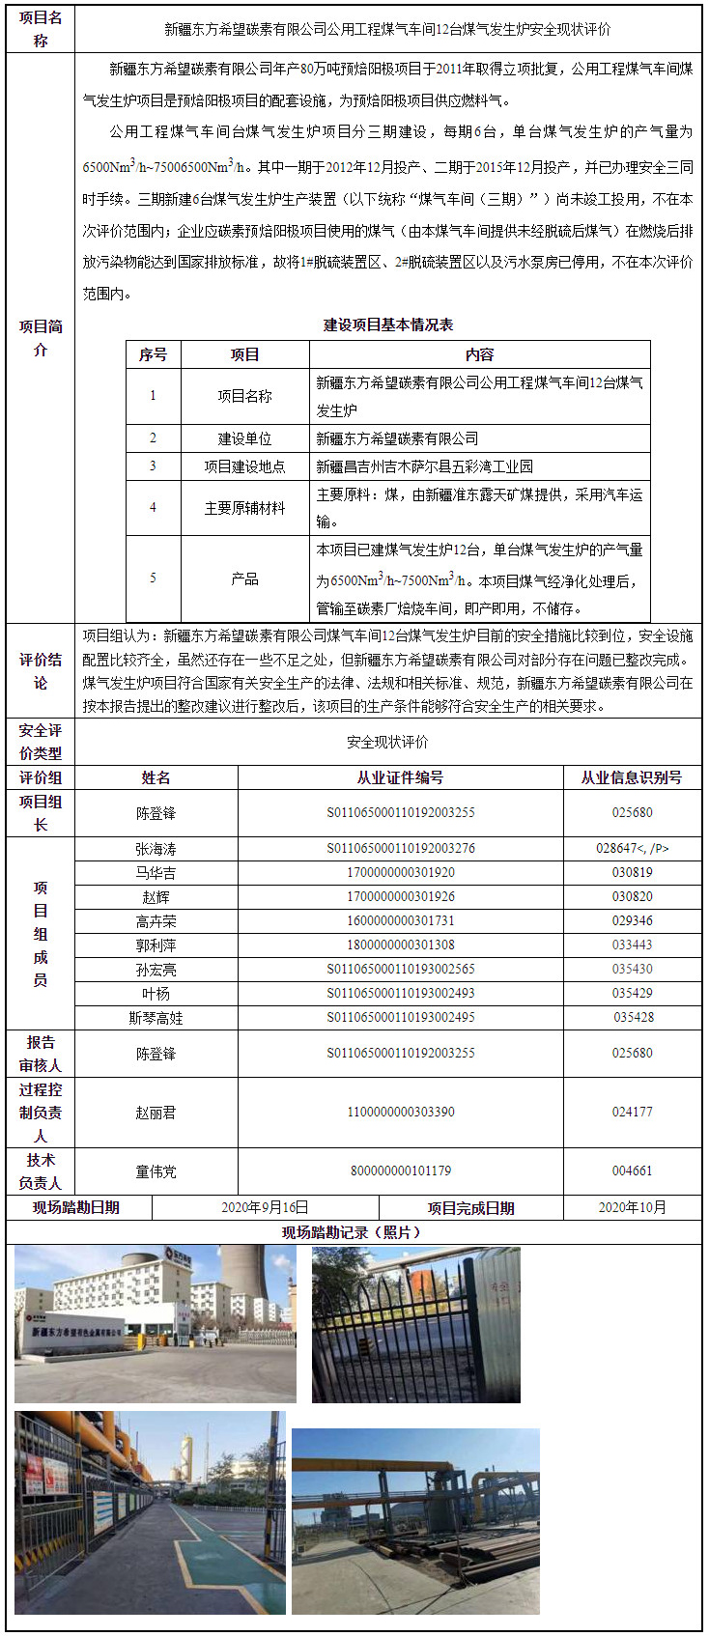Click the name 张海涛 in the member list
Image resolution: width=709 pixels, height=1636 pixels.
pyautogui.click(x=156, y=849)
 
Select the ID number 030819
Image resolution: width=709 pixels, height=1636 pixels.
pyautogui.click(x=632, y=873)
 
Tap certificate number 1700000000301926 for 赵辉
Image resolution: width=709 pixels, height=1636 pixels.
pyautogui.click(x=400, y=897)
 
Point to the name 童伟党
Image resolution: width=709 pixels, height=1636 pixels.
pyautogui.click(x=156, y=1171)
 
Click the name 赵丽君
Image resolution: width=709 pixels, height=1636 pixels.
pyautogui.click(x=156, y=1113)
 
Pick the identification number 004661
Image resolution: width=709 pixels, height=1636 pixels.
pyautogui.click(x=632, y=1171)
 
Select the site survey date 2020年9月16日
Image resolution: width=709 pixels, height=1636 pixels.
pyautogui.click(x=265, y=1207)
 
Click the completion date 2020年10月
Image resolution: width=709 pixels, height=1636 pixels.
pyautogui.click(x=632, y=1207)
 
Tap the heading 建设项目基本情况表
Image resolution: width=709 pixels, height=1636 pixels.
pyautogui.click(x=387, y=325)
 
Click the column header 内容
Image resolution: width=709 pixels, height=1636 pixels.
pyautogui.click(x=479, y=354)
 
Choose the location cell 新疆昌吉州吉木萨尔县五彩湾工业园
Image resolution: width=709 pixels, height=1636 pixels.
pyautogui.click(x=425, y=466)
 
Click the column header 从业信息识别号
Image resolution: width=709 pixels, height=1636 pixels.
pyautogui.click(x=632, y=777)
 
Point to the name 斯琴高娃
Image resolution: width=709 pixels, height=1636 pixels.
pyautogui.click(x=156, y=1018)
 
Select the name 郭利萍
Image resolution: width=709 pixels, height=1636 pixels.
pyautogui.click(x=156, y=945)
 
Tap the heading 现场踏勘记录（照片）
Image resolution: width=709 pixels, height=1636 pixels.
pyautogui.click(x=353, y=1232)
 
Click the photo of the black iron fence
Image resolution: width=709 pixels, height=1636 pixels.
pyautogui.click(x=415, y=1324)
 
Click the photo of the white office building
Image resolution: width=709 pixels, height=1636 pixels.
pyautogui.click(x=155, y=1324)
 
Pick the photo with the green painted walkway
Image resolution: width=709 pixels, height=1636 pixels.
pyautogui.click(x=150, y=1512)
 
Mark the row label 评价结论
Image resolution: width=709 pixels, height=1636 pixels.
pyautogui.click(x=41, y=671)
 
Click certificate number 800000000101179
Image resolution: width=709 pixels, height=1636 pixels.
pyautogui.click(x=400, y=1171)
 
